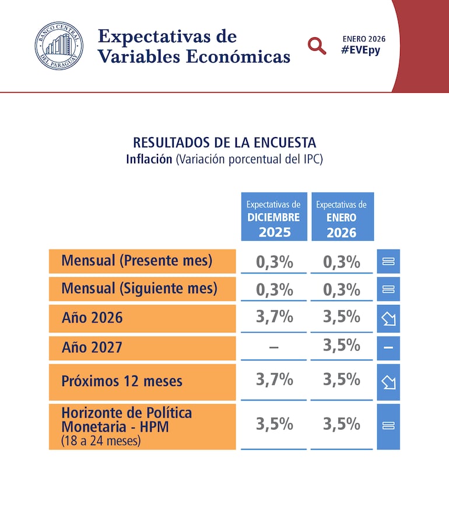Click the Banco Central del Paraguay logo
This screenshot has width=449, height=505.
coord(59,46)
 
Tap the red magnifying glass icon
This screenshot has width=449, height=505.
coord(317,45)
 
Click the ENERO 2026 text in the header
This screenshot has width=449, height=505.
coord(364,38)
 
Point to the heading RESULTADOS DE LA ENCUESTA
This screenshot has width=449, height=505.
coord(224,142)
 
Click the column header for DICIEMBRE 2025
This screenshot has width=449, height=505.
coord(273,218)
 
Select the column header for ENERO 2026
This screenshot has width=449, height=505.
coord(342,218)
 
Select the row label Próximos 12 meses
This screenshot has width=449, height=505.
coord(122,381)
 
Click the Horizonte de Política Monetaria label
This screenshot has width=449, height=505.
coord(127,420)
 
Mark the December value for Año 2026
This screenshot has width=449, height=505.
coord(274,317)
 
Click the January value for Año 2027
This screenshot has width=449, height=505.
coord(342,346)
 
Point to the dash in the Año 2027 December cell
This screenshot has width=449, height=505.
coord(274,348)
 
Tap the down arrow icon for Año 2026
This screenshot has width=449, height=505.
coord(388,318)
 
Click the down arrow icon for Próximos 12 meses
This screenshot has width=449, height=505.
coord(388,382)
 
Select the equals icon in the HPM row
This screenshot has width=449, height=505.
coord(388,426)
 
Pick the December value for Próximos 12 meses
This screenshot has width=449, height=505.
coord(274,380)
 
